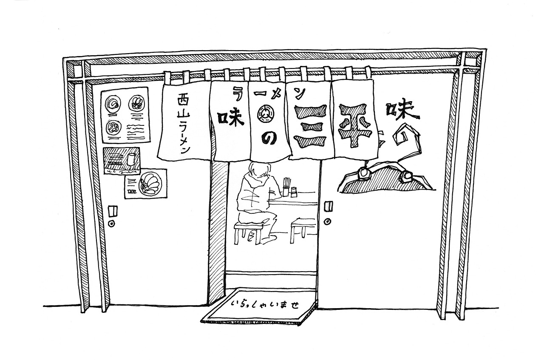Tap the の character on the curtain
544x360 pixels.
click(x=269, y=139)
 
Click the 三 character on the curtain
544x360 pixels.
click(x=311, y=128)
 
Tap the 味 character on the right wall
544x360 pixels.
click(x=400, y=111)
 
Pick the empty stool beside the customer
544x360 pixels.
click(x=303, y=227)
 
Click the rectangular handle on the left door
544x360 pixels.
click(x=112, y=211)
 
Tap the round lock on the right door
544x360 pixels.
click(x=328, y=221)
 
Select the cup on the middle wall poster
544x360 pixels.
click(x=131, y=159)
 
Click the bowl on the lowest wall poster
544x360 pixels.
click(x=149, y=183)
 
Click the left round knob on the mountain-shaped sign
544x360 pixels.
click(x=364, y=174)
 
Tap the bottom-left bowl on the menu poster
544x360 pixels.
click(x=113, y=127)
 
